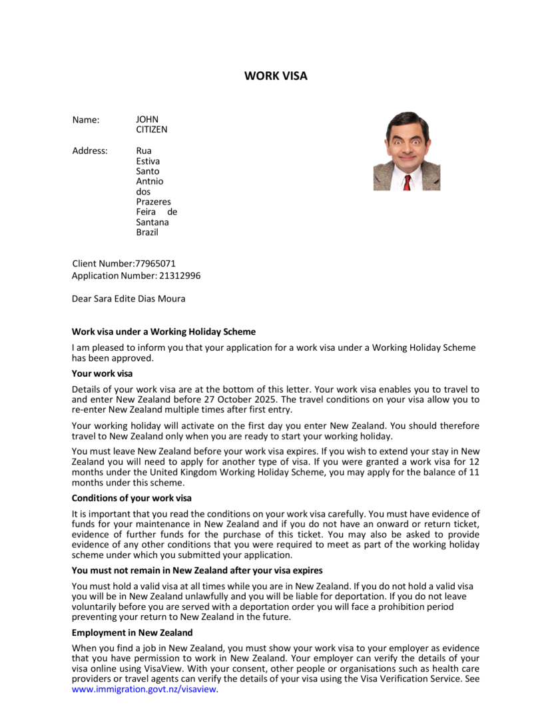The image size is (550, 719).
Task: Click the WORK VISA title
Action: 276,76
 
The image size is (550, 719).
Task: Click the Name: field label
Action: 86,120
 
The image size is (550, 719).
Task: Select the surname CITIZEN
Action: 152,130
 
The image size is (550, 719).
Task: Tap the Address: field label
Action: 90,150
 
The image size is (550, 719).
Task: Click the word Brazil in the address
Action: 147,232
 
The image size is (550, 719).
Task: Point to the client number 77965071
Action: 155,264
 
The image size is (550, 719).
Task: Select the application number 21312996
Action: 180,276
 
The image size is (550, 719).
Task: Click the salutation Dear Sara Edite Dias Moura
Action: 129,299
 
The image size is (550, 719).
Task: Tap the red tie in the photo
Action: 407,182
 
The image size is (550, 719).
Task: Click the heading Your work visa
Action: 102,373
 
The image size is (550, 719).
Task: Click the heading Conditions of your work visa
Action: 132,498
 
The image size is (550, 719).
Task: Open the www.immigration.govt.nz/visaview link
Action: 144,689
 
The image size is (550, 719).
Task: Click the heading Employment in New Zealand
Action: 132,632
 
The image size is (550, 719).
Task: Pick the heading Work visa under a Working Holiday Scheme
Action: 163,332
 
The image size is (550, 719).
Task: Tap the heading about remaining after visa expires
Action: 197,570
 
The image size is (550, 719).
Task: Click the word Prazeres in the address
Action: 154,202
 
